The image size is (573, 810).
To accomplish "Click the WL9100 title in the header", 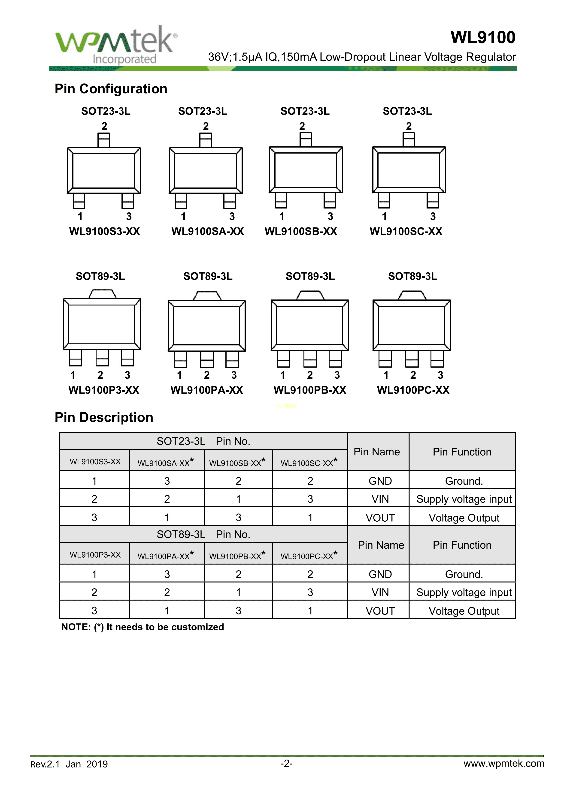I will click(483, 37).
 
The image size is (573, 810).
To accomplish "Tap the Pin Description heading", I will click(104, 417).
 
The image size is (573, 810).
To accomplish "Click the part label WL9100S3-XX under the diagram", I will click(104, 231).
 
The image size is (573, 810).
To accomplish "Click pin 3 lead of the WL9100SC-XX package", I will click(433, 201).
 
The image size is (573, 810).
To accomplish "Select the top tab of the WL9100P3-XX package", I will click(102, 294).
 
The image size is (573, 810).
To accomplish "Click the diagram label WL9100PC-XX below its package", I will click(413, 390).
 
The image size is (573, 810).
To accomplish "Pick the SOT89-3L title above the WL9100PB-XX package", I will click(310, 276).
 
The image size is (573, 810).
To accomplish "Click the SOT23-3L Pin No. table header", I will click(203, 441).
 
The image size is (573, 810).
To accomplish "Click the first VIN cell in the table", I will click(380, 499).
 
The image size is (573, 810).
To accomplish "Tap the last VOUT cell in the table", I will click(380, 611).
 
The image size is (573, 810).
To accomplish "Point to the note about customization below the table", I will click(142, 627).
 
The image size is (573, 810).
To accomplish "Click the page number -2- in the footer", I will click(286, 763).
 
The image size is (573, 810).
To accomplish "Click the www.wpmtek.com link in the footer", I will click(503, 763).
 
